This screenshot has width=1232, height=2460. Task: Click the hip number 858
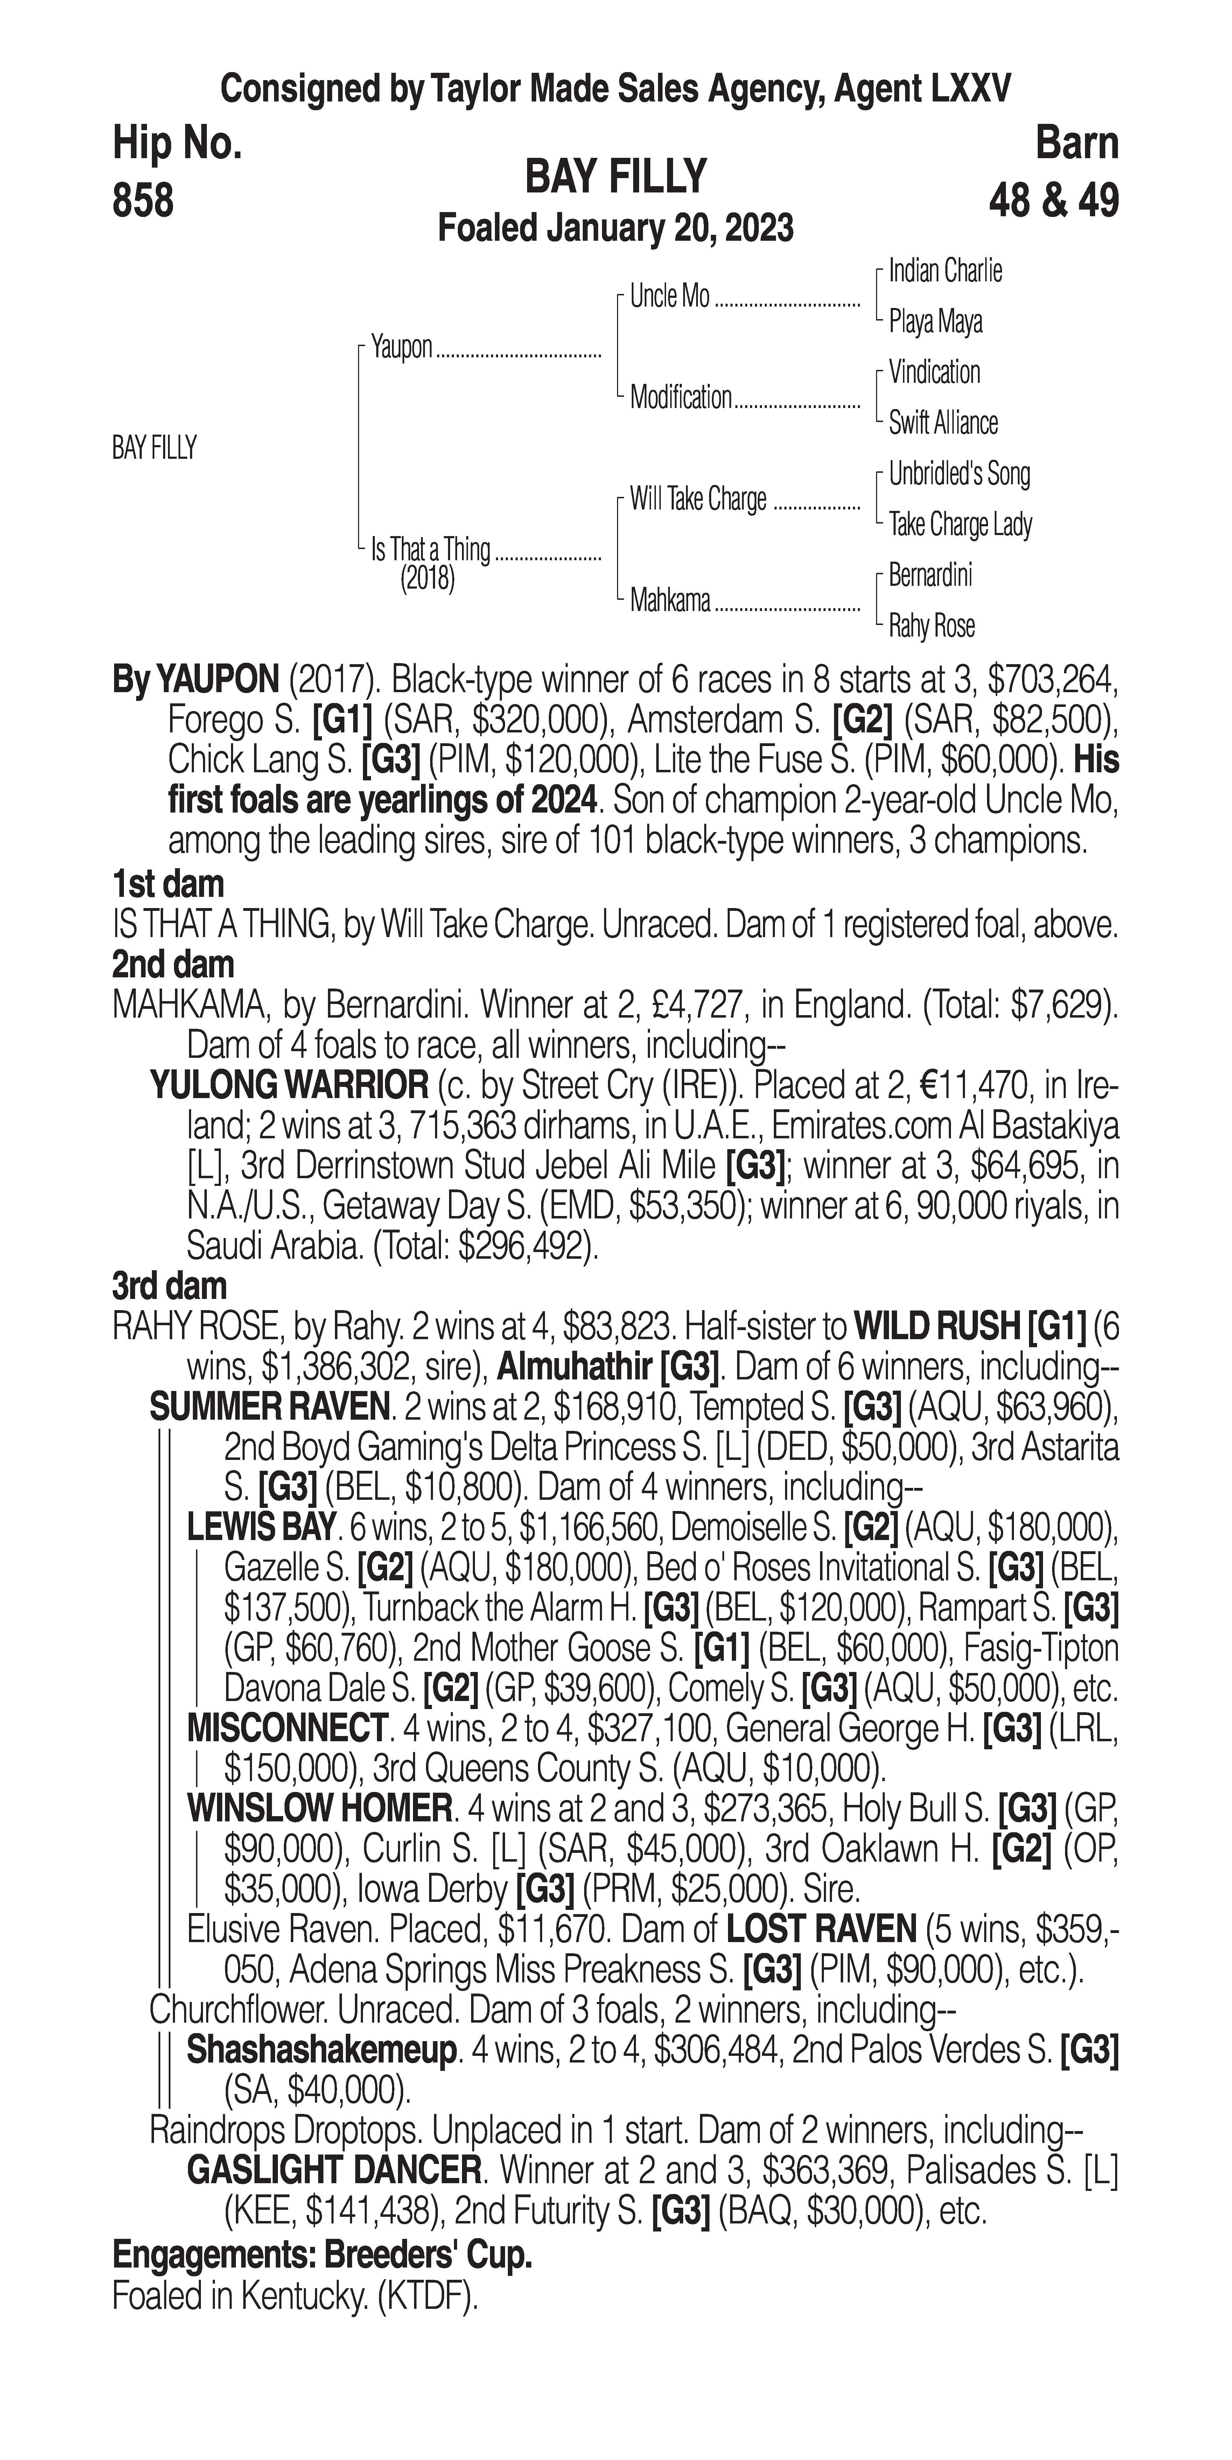[x=143, y=202]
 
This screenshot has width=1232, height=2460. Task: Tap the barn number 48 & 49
[x=1053, y=202]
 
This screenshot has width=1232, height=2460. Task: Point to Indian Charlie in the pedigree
[x=945, y=271]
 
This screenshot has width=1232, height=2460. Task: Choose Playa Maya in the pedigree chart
[x=935, y=322]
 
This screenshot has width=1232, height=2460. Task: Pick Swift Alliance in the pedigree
[x=943, y=423]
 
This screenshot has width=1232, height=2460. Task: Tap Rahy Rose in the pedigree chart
[x=931, y=626]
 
